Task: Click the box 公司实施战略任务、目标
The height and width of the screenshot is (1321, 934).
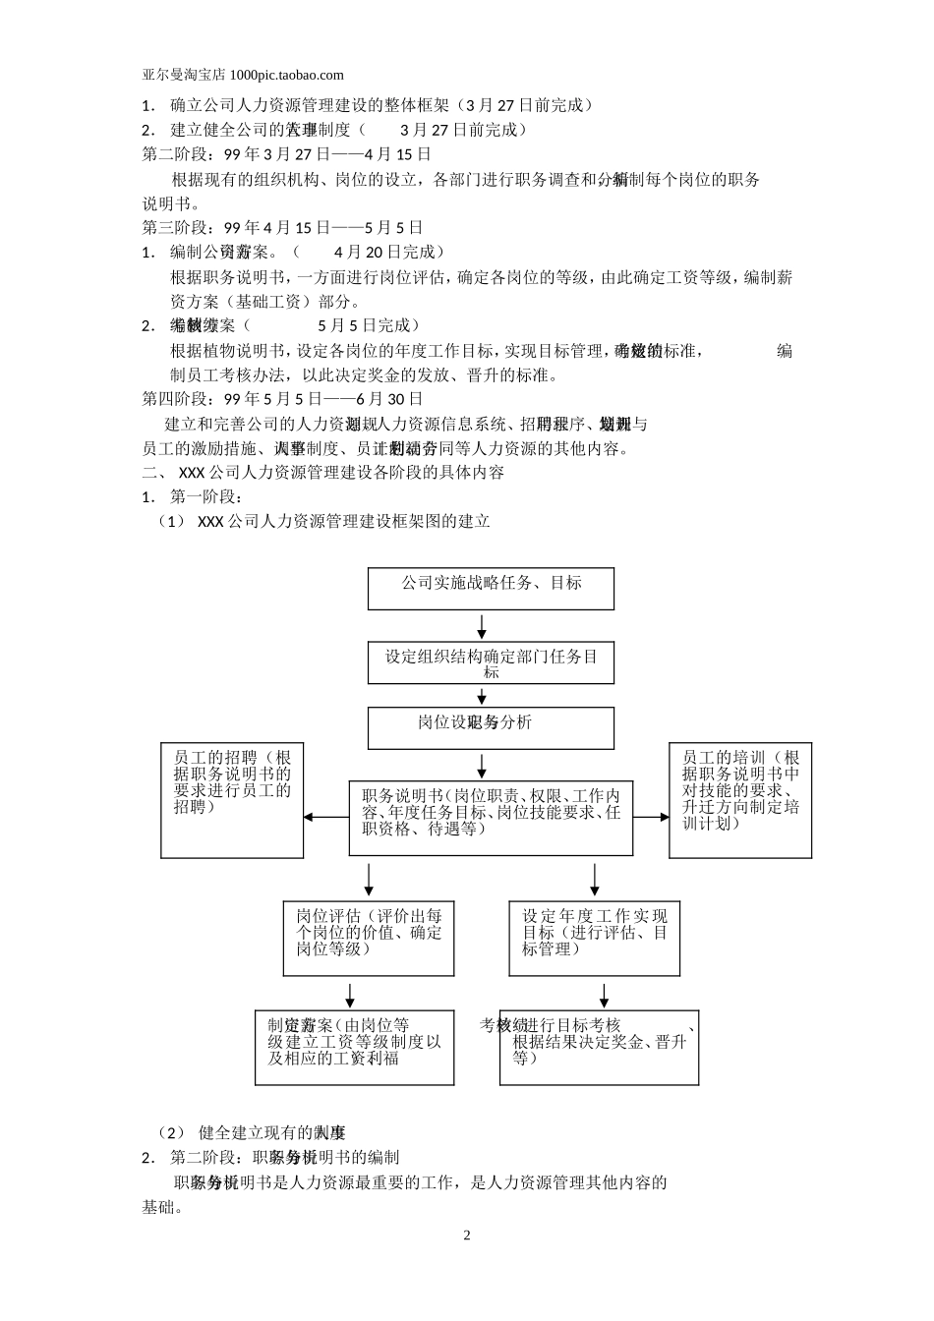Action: (x=491, y=588)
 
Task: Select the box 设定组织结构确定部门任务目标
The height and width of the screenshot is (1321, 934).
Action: (x=491, y=663)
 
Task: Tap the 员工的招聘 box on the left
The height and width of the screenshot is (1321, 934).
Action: (x=231, y=800)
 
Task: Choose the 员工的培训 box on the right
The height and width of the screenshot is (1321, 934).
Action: (x=740, y=800)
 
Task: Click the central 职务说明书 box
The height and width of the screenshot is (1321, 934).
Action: (x=491, y=817)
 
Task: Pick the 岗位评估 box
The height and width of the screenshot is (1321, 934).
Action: (x=369, y=939)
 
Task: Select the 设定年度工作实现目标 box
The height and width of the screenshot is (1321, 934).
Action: (x=594, y=939)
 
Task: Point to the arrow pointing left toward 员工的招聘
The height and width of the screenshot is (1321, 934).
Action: (x=324, y=817)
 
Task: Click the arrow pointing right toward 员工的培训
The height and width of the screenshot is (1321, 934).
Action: (x=650, y=817)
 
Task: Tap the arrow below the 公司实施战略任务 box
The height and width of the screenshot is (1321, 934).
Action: (x=482, y=626)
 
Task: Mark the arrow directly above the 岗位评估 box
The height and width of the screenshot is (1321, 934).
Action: (x=369, y=877)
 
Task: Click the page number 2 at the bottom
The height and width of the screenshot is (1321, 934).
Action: (x=467, y=1235)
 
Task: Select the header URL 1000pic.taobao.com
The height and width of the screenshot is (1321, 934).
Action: (x=286, y=75)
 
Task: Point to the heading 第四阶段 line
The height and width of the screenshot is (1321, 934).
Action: (x=283, y=399)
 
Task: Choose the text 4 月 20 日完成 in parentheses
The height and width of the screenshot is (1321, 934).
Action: (x=389, y=253)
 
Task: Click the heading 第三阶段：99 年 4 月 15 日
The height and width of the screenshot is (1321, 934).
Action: (x=283, y=228)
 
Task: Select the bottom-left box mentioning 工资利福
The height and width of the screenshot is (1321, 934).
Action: (x=354, y=1047)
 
